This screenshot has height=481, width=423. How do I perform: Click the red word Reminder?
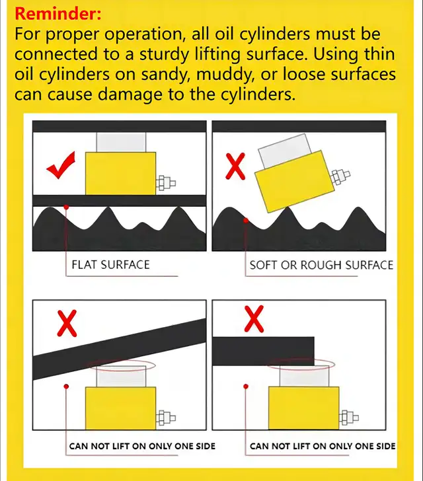pos(58,14)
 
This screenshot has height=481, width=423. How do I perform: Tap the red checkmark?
pos(60,166)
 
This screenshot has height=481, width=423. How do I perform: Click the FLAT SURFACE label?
pos(110,265)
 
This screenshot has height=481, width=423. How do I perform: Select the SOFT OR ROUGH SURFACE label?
pos(321,265)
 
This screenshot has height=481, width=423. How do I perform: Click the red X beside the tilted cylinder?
pos(235,166)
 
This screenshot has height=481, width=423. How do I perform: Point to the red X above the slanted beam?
pos(67,323)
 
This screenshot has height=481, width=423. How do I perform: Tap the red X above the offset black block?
pos(254,318)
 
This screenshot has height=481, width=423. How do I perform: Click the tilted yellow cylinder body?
pos(295,181)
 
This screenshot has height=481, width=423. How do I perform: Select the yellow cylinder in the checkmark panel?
pos(121,173)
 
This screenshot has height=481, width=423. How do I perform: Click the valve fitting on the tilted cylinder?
pos(340,176)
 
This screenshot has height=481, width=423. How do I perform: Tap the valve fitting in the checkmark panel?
pos(166,184)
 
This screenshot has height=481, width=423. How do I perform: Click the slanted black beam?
pos(120,349)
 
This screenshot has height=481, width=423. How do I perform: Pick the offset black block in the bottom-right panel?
pos(263,351)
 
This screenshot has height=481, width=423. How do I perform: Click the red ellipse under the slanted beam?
pos(122,365)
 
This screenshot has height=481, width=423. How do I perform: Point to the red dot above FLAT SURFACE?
pos(66,207)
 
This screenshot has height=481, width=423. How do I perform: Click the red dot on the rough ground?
pos(246,220)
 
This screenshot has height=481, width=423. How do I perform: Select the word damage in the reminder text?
pos(130,94)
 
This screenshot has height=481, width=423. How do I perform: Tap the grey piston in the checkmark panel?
pos(121,142)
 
